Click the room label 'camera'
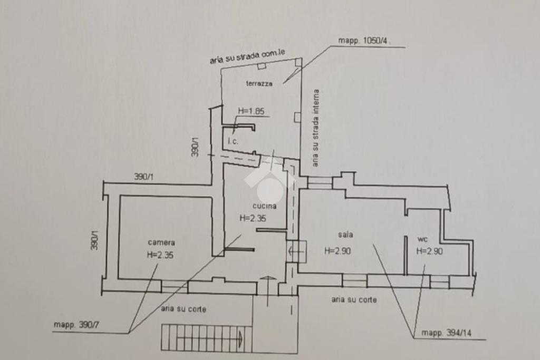coord(161,243)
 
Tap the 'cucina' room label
coord(264,207)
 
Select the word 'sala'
coord(346,235)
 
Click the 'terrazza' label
coord(259,83)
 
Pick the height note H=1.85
coord(251,111)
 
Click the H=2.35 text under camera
coord(160,255)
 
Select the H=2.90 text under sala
coord(337,251)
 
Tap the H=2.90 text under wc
coord(429,251)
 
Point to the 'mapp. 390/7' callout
coord(76,325)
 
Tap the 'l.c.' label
coord(233,142)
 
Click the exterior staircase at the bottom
coord(202,338)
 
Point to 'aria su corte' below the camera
coord(184,309)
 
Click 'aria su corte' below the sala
coord(354,299)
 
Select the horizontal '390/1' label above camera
coord(143,178)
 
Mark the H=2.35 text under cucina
coord(253,218)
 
